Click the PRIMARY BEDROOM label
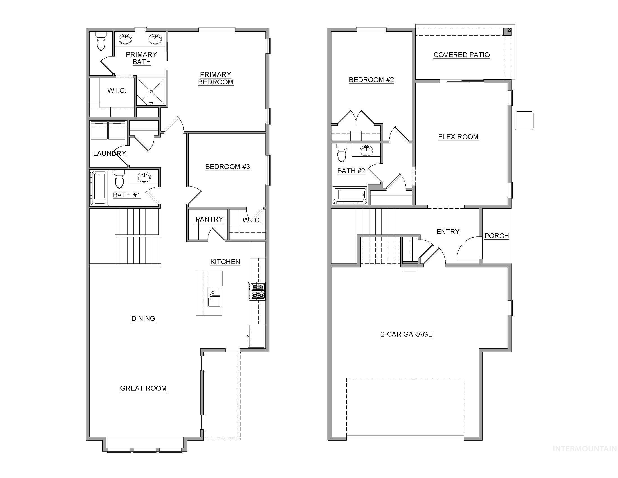216,78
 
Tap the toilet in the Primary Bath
101,41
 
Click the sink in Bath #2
366,150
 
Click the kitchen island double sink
214,296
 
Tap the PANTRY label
209,219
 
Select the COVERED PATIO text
462,55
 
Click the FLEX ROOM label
458,137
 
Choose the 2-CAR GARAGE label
407,334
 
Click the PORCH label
497,236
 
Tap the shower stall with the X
151,91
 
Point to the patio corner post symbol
509,30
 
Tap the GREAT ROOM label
143,388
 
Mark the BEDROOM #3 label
228,167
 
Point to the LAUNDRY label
110,154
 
